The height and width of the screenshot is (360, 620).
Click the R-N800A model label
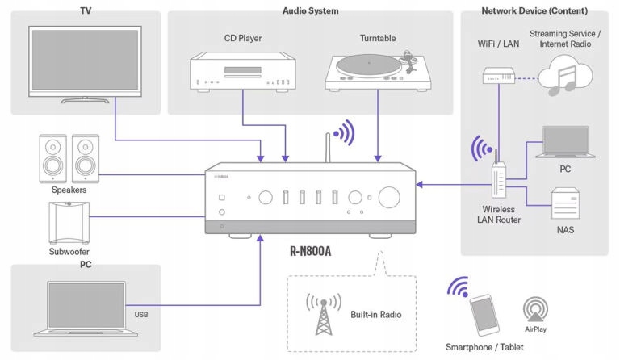[310, 251]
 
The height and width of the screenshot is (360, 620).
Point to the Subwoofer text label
[68, 251]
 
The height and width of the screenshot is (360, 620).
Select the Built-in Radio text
[376, 314]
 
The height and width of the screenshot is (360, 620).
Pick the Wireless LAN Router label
[498, 215]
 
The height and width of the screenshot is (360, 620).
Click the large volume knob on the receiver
[389, 197]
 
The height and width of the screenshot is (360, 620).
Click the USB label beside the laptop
[142, 315]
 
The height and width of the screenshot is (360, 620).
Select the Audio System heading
[310, 11]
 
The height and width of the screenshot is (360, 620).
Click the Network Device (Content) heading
[534, 11]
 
